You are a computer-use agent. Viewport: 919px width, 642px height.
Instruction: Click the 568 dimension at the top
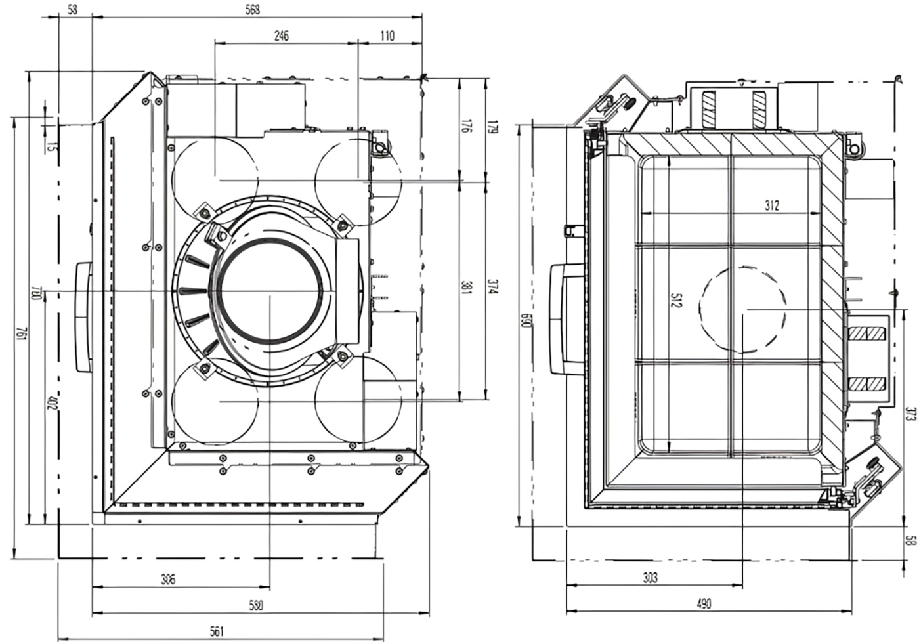click(251, 9)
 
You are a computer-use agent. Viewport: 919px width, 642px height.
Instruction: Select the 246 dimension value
click(280, 36)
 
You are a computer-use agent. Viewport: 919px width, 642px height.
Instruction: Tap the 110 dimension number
click(387, 36)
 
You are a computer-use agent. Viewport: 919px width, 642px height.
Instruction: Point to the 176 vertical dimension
click(465, 127)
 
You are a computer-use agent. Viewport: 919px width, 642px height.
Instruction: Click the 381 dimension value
click(465, 288)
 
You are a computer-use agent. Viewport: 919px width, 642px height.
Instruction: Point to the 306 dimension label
click(169, 579)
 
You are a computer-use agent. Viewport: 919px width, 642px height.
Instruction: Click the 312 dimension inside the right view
click(772, 205)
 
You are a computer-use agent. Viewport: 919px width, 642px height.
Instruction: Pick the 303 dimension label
click(650, 578)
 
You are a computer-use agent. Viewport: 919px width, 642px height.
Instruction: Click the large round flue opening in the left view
click(270, 294)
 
